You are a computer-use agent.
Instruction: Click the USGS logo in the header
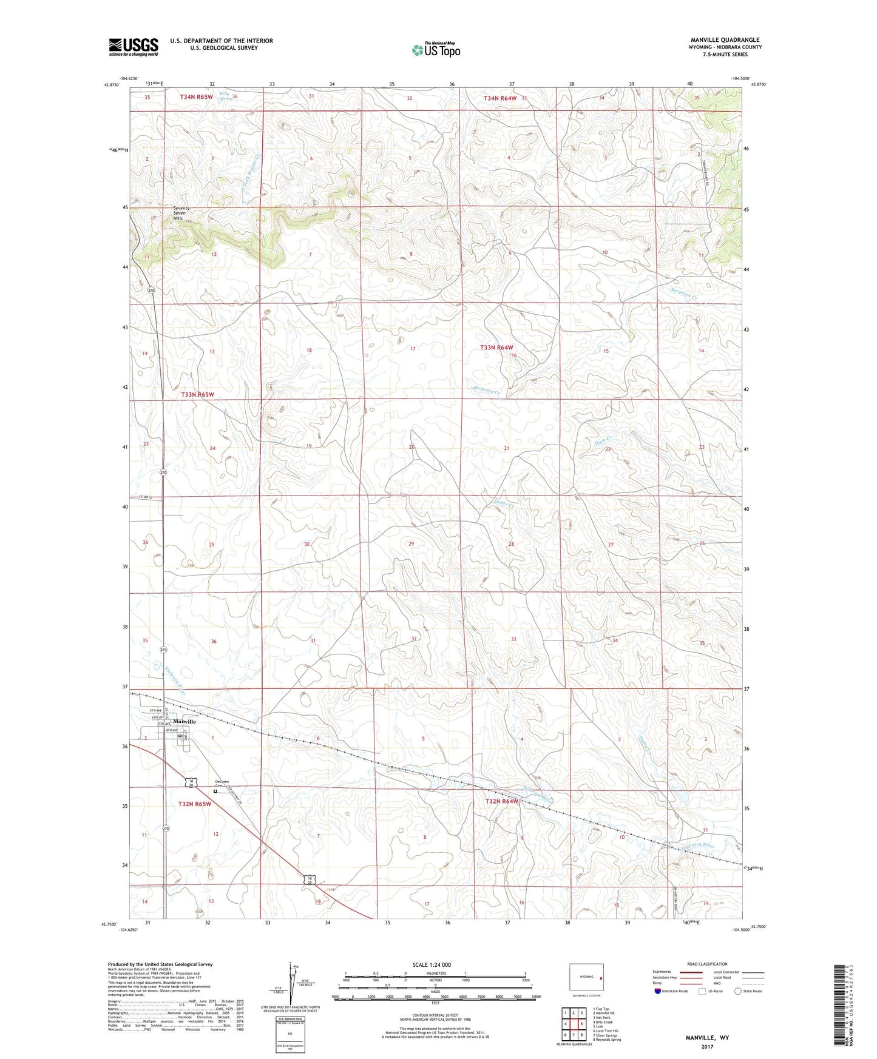pyautogui.click(x=134, y=47)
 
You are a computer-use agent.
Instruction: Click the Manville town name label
pyautogui.click(x=185, y=721)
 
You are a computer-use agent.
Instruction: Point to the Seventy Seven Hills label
pyautogui.click(x=181, y=213)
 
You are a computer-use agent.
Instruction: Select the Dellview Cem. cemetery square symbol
pyautogui.click(x=215, y=791)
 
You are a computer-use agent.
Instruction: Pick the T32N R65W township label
pyautogui.click(x=195, y=804)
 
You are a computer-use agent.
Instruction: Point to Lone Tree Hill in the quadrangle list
pyautogui.click(x=606, y=1030)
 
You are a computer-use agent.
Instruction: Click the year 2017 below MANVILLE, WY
pyautogui.click(x=707, y=1046)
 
